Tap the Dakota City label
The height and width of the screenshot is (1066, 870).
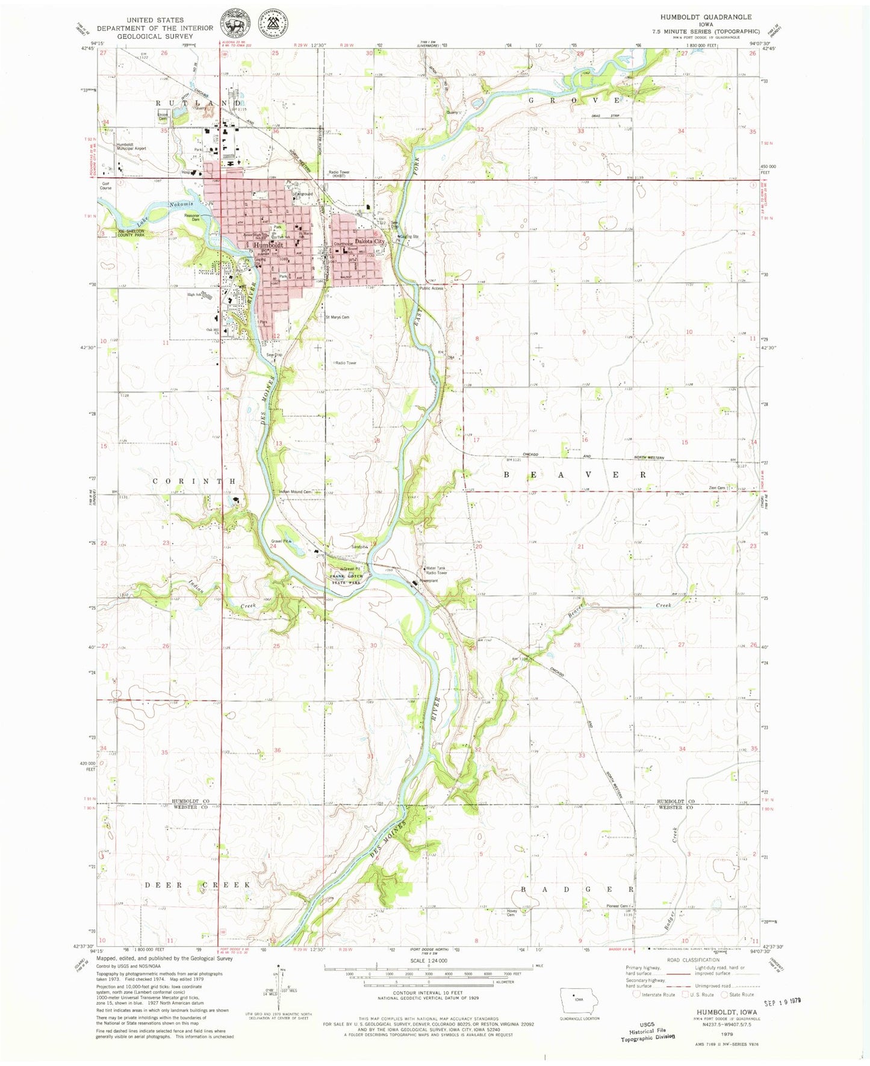coord(369,241)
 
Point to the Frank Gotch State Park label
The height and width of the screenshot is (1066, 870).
coord(346,579)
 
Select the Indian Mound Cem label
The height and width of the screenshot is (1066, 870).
coord(295,492)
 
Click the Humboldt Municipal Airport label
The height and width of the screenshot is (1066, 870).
coord(131,146)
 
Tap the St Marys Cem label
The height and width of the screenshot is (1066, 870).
coord(337,317)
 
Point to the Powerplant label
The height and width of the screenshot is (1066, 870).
coord(428,581)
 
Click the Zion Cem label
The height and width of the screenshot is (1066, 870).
coord(716,488)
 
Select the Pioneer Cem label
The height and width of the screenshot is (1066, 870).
coord(617,906)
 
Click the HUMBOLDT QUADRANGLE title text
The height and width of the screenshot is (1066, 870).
coord(706,17)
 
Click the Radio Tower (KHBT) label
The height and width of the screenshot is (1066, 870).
coord(338,175)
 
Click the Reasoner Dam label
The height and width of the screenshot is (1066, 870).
coord(192,217)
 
